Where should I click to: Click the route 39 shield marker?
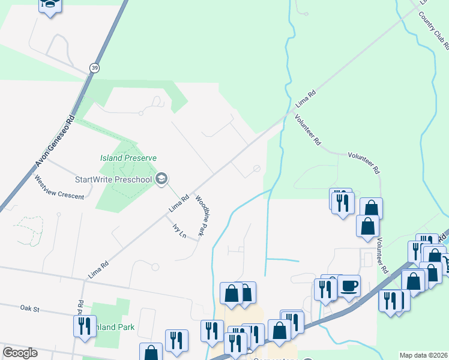tap(94, 68)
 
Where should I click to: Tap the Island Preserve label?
tap(128, 158)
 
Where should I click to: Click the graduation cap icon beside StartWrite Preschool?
tap(161, 179)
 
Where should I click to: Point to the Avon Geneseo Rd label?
tap(56, 141)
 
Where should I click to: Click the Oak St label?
tap(28, 309)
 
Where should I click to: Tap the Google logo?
tap(20, 353)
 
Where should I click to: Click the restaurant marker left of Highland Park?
tap(85, 326)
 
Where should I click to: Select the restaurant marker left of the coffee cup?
tap(326, 289)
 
